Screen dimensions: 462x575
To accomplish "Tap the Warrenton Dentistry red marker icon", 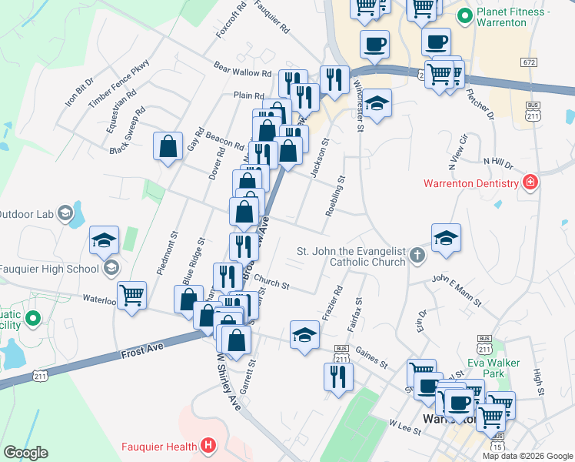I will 529,182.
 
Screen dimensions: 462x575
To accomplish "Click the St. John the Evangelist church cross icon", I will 417,255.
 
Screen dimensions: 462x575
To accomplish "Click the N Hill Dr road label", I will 497,161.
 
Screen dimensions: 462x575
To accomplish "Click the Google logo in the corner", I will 25,453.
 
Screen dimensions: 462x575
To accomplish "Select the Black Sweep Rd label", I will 128,132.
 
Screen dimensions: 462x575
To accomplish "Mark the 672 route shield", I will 528,62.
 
